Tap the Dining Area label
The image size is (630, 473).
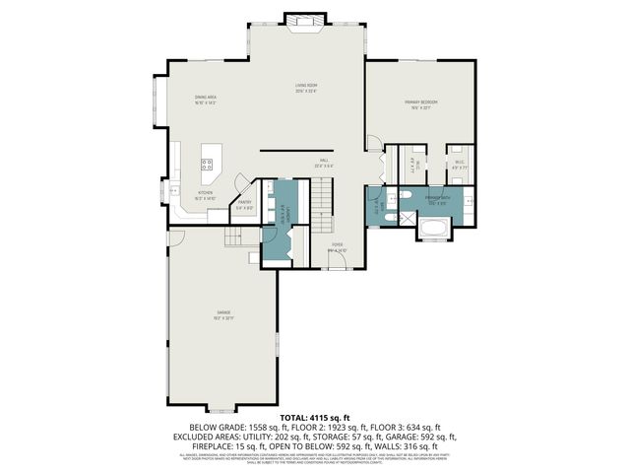[204, 99]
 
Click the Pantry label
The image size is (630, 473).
[244, 204]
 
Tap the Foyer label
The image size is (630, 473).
[337, 246]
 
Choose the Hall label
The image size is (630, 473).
[324, 163]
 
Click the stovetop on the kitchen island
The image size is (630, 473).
[209, 164]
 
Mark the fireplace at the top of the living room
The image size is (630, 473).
[300, 21]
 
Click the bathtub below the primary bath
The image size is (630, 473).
[433, 232]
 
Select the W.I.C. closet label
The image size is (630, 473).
[460, 165]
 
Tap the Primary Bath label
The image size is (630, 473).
[437, 200]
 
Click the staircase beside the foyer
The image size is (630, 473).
[324, 203]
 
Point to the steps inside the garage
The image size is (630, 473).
[234, 237]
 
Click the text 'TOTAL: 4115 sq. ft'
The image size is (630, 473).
[315, 418]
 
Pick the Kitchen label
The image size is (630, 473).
[204, 195]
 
